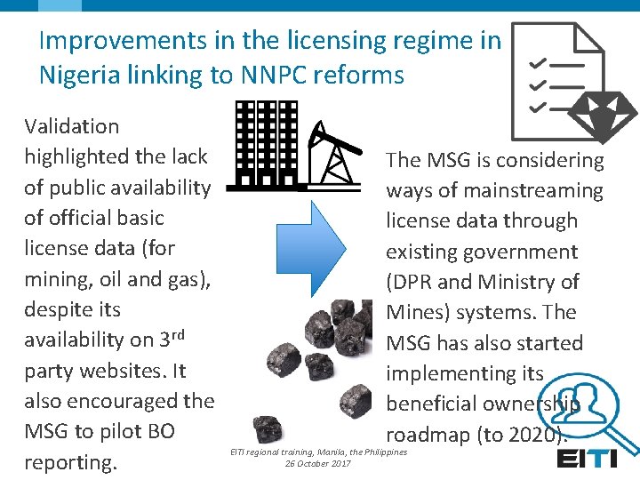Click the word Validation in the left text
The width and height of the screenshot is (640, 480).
pos(72,126)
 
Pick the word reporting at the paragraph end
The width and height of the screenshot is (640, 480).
pos(71,463)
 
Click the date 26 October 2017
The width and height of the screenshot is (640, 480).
pos(318,463)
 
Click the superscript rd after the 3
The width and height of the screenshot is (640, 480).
pos(178,333)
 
